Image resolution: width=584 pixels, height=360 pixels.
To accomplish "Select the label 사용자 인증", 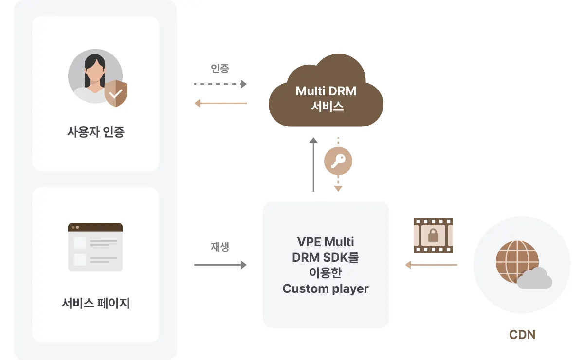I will point(95,132).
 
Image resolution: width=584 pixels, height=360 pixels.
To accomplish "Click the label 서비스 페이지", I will point(95,304).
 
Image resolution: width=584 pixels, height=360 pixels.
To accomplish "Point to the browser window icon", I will point(95,247).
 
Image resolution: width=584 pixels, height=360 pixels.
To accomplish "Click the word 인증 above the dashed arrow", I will point(220,69).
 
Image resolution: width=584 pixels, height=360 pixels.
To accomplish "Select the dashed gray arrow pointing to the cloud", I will point(220,84).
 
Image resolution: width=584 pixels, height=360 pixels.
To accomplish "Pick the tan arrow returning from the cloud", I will point(220,103).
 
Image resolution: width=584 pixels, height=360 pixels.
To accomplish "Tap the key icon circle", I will point(338,161).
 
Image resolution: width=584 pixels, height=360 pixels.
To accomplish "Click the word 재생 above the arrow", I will point(220,247).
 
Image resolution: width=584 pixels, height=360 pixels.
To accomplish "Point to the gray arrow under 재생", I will point(220,265).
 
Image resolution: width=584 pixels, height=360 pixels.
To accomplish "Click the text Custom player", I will point(326,288).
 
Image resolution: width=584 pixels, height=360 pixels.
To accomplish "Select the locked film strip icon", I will point(433,235).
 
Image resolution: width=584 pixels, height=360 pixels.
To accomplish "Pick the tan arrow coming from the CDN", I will point(431,265).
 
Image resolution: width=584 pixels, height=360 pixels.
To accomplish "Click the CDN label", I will point(522,335).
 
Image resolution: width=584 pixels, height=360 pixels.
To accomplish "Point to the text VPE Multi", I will point(326,242).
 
